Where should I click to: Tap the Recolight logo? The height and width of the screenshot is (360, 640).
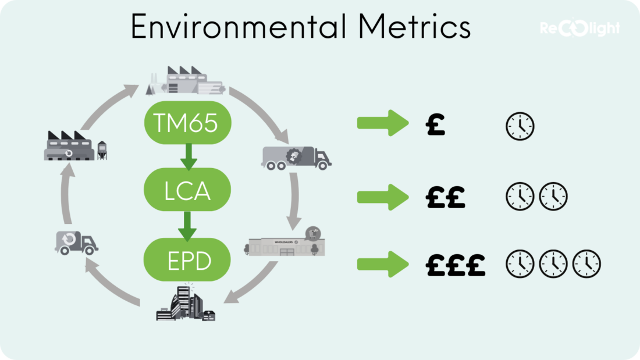tap(579, 28)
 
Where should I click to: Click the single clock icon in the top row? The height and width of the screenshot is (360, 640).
tap(520, 126)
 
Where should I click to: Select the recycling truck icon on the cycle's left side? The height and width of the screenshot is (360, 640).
tap(76, 243)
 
